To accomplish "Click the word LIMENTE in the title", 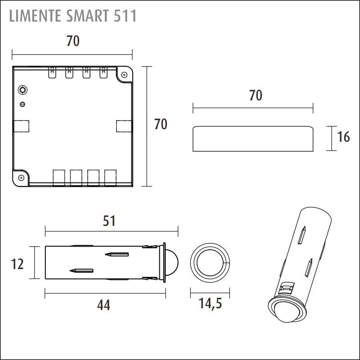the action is pyautogui.click(x=35, y=16).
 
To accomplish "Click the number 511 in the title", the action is pyautogui.click(x=125, y=16).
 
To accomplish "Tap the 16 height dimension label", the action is pyautogui.click(x=343, y=137).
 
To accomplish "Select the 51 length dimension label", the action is pyautogui.click(x=109, y=221).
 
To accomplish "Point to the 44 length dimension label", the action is pyautogui.click(x=103, y=306).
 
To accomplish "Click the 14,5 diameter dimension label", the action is pyautogui.click(x=210, y=303).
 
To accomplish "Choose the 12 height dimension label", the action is pyautogui.click(x=17, y=264).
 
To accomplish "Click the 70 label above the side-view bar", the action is pyautogui.click(x=256, y=95).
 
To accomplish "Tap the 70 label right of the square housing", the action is pyautogui.click(x=161, y=124).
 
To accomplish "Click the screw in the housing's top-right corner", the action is pyautogui.click(x=124, y=75).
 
